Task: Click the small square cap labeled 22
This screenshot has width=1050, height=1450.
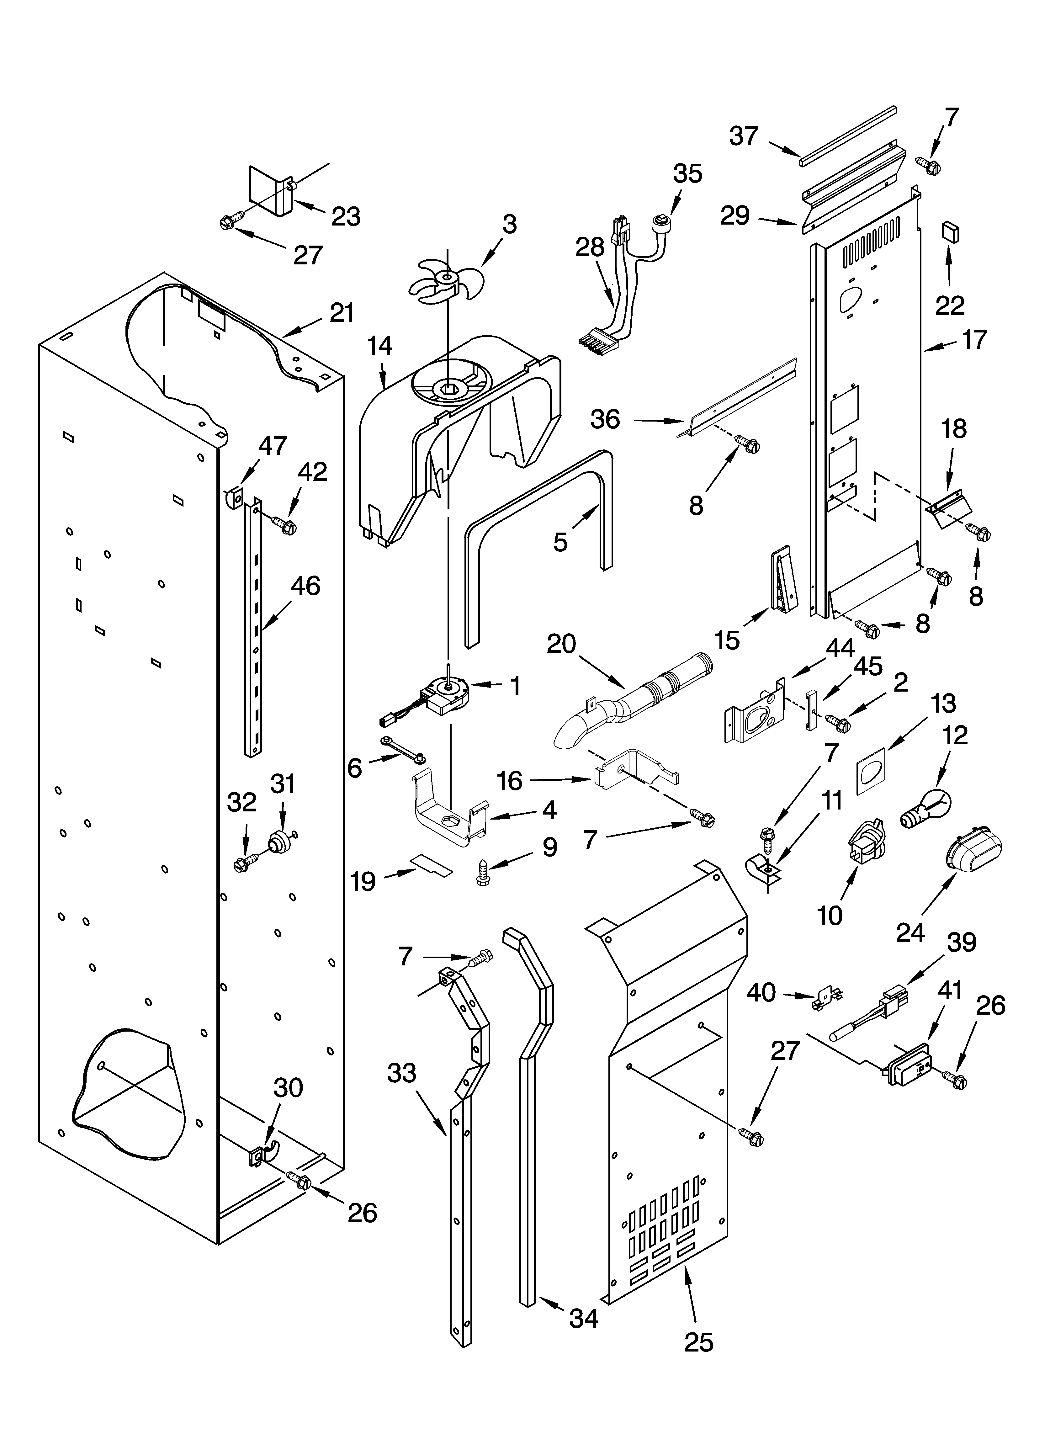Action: [x=950, y=233]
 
